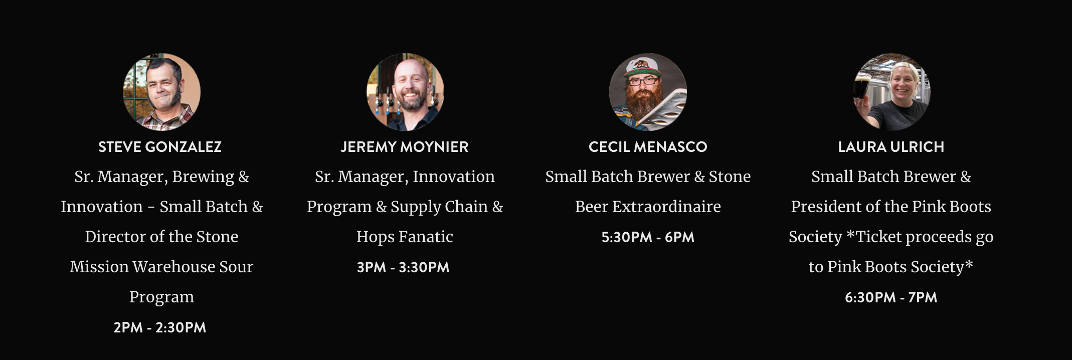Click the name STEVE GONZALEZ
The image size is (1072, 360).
(160, 147)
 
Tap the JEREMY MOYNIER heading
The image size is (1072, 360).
(405, 147)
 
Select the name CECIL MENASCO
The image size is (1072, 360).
(648, 147)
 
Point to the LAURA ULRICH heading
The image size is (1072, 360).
(891, 147)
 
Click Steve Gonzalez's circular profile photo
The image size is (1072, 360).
(161, 92)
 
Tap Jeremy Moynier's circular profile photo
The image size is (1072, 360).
(405, 92)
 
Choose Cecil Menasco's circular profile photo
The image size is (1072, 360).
(648, 92)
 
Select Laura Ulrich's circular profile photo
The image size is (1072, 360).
(891, 92)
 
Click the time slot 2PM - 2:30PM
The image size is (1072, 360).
(159, 327)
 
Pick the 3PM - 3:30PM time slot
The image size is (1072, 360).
(403, 267)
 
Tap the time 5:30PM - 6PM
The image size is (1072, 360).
(648, 237)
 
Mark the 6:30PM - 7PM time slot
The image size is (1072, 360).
(891, 297)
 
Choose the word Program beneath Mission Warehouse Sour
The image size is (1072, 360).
(161, 297)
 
